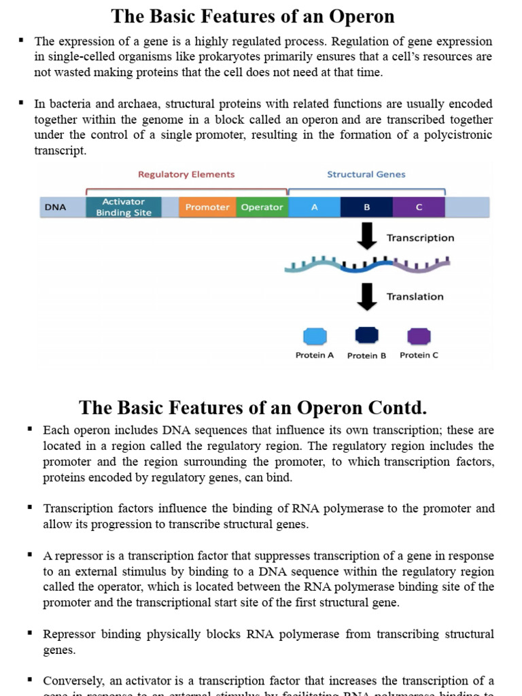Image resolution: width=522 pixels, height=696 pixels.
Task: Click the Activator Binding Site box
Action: click(124, 207)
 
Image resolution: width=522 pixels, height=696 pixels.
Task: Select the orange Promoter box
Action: click(207, 207)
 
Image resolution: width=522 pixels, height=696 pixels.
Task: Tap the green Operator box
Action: click(262, 207)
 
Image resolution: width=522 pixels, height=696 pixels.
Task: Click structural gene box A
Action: click(314, 207)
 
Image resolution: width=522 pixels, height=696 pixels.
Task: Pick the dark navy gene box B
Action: click(366, 207)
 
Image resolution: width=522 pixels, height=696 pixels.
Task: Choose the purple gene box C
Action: click(419, 207)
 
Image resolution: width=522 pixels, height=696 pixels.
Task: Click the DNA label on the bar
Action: click(55, 207)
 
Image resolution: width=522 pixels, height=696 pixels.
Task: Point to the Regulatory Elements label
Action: click(186, 175)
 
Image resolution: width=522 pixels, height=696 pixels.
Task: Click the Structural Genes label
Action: click(366, 175)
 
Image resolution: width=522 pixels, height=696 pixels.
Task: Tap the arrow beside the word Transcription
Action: click(367, 237)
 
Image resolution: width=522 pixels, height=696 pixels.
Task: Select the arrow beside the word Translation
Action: click(367, 296)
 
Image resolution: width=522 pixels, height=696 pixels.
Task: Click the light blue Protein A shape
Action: click(315, 336)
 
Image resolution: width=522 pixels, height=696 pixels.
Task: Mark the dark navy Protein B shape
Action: click(366, 335)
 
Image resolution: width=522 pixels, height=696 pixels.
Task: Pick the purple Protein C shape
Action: click(419, 336)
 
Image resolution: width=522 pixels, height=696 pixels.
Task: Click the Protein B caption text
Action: click(366, 355)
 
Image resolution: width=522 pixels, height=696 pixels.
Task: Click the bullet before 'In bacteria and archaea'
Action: click(22, 103)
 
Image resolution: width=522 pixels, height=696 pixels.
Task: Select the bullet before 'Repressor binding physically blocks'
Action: click(30, 633)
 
